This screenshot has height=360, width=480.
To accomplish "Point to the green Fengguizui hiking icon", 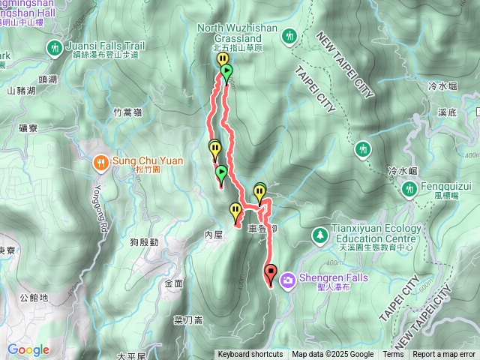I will [409, 188].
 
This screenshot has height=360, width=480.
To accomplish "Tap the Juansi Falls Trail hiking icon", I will [54, 48].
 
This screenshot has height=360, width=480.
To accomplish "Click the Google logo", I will [28, 349].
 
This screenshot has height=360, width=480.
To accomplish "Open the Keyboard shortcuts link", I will [250, 355].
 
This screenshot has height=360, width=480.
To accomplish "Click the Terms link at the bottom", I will [393, 355].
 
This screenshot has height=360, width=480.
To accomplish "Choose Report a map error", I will [444, 355].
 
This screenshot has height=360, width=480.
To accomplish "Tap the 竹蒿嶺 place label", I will [127, 112].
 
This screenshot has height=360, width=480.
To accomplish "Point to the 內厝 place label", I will [214, 235].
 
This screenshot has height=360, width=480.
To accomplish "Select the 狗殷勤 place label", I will [143, 242].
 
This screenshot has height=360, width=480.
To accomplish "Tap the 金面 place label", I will [173, 283].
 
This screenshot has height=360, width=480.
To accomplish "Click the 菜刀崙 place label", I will [188, 320].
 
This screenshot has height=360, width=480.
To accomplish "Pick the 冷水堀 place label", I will [444, 87].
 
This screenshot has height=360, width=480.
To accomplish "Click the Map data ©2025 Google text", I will [332, 355].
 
